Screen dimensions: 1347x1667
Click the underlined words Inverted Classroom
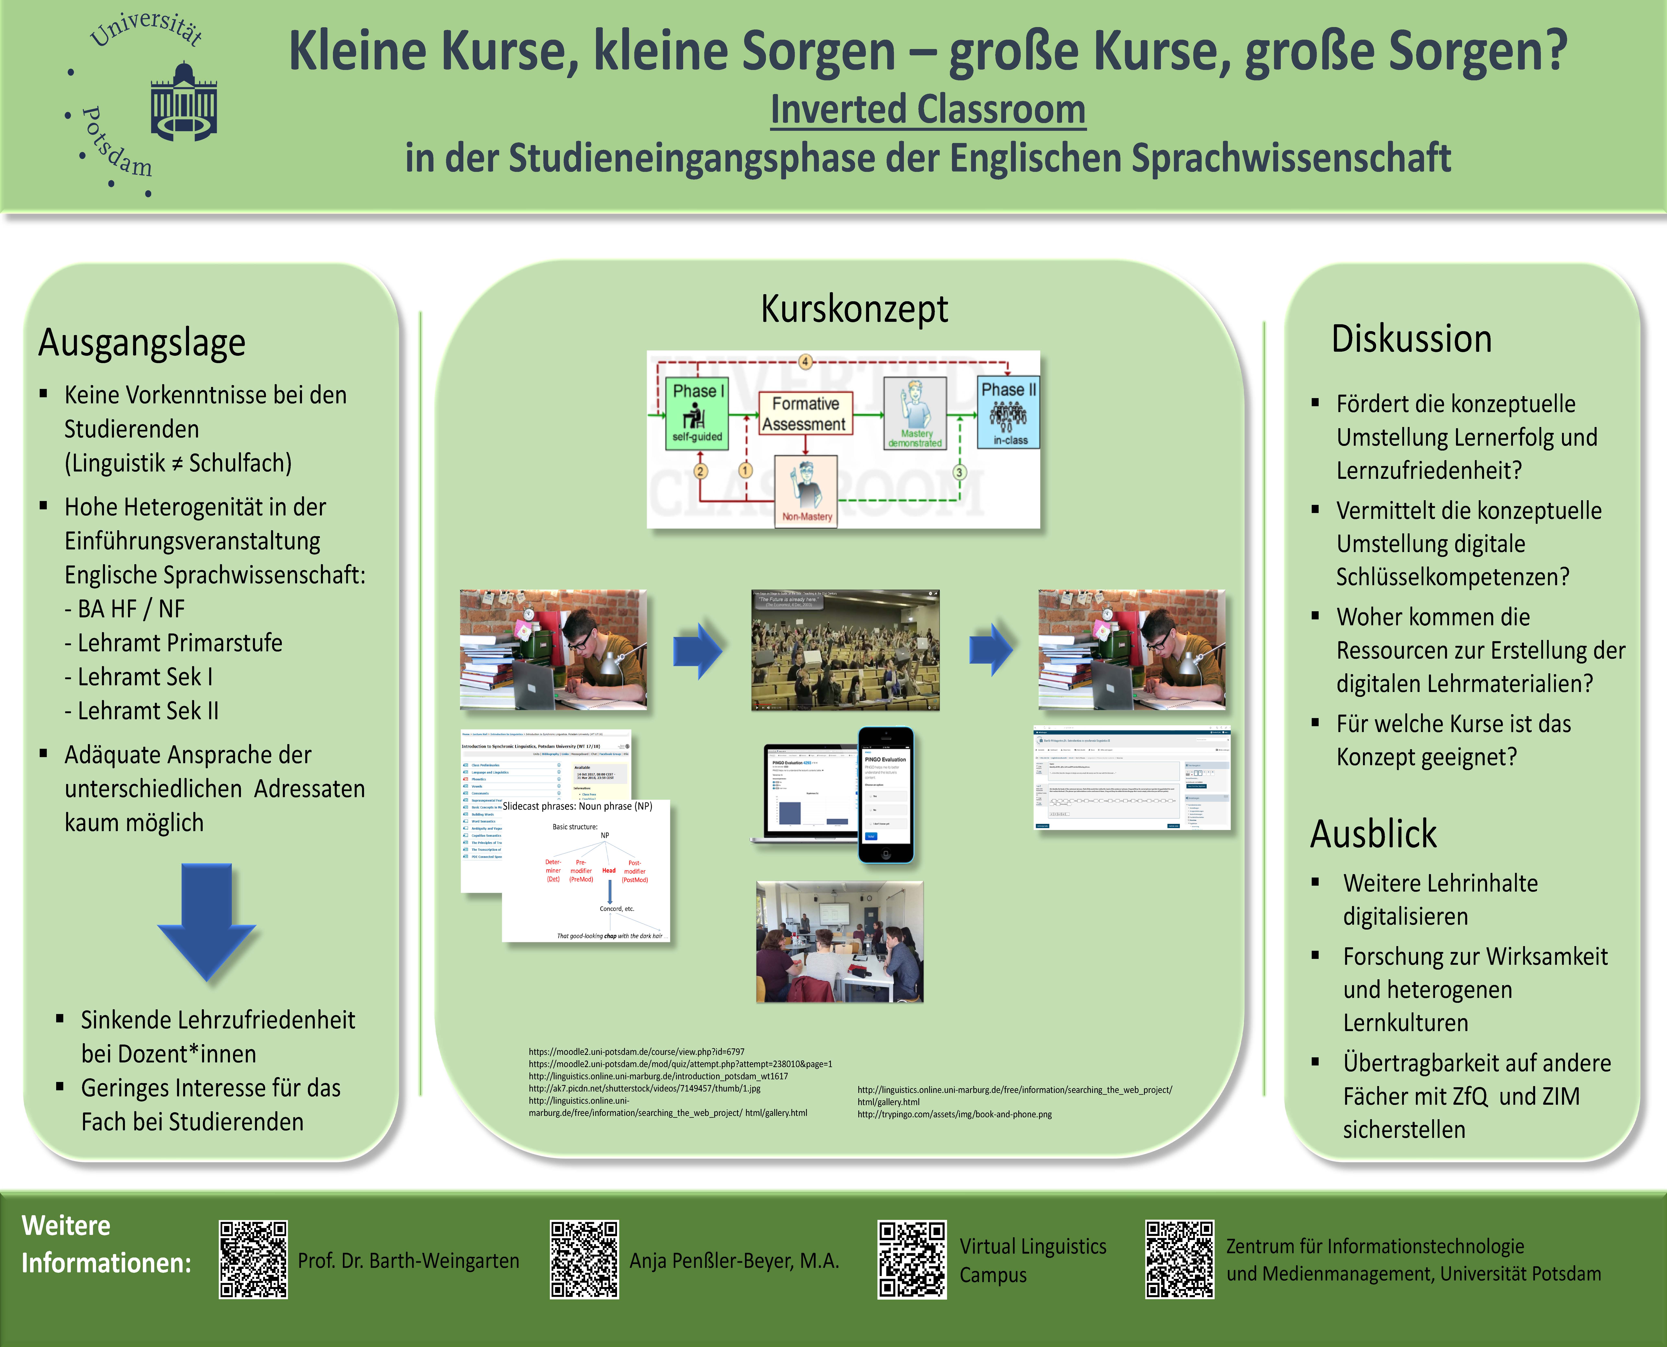point(927,109)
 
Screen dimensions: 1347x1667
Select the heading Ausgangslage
point(142,343)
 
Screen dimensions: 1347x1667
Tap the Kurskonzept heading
point(854,309)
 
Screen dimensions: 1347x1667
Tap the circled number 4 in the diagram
point(806,362)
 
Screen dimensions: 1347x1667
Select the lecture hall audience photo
point(845,650)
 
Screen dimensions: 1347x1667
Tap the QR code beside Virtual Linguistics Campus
point(912,1259)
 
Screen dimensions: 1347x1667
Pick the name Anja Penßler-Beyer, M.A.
point(734,1261)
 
